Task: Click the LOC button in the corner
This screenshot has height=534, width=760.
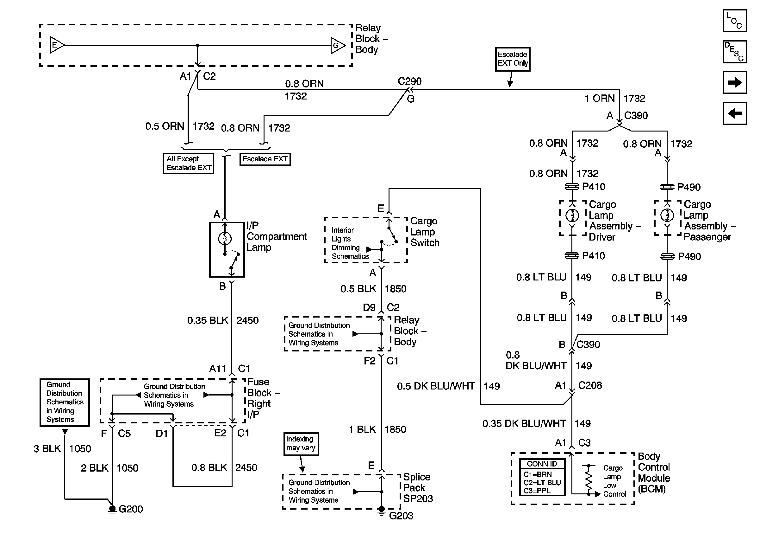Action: [734, 21]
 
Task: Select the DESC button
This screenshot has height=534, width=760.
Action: [734, 52]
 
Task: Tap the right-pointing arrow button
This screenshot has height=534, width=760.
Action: [734, 82]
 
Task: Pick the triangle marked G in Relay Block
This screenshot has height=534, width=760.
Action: [337, 45]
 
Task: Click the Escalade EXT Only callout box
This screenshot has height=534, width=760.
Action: [512, 59]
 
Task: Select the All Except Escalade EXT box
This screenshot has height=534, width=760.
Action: [188, 163]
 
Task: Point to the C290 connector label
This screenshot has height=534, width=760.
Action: [409, 81]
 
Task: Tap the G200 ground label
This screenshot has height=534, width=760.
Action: [131, 509]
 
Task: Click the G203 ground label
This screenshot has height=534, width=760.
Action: [401, 516]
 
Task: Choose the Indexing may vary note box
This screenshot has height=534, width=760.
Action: [301, 443]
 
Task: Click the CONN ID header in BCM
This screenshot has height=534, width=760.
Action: [542, 464]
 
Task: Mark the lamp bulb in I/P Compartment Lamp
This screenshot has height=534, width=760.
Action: [225, 238]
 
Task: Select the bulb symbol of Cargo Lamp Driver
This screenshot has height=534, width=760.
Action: [572, 216]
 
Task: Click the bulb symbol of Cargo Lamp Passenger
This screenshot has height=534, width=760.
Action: [667, 216]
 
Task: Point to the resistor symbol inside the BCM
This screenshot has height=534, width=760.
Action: [589, 479]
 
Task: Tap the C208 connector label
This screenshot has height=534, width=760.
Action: [590, 385]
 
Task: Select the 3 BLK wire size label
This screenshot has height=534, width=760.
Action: [47, 449]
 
